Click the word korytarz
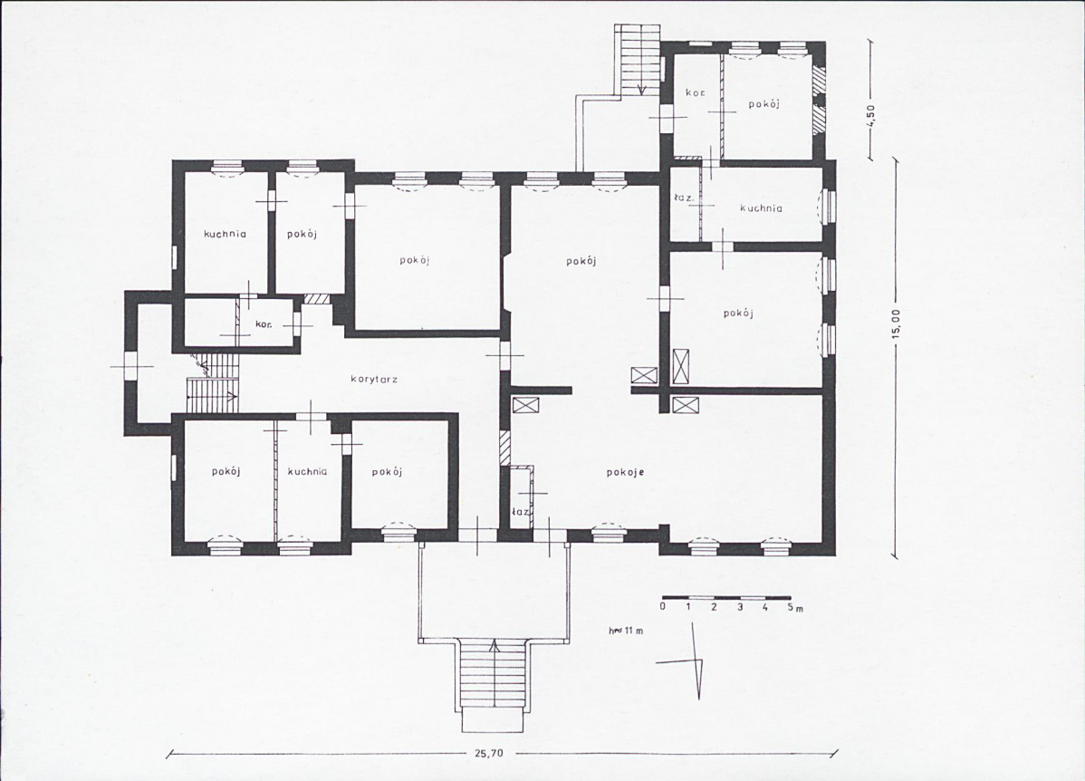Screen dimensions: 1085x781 click(374, 380)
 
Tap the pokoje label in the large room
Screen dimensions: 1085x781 click(626, 472)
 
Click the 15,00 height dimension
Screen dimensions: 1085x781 click(896, 323)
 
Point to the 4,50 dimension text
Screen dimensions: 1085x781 click(872, 113)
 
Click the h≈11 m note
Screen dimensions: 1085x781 click(626, 632)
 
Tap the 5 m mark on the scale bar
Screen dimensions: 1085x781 click(793, 607)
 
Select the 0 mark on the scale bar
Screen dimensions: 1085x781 click(663, 606)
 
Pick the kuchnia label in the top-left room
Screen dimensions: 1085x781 click(225, 234)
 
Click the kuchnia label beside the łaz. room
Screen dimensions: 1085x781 click(761, 207)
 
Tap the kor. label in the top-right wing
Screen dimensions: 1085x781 click(696, 92)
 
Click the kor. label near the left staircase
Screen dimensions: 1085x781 click(263, 323)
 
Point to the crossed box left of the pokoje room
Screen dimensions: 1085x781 click(524, 406)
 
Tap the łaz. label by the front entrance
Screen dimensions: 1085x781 click(520, 512)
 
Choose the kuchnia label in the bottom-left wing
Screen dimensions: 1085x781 click(307, 471)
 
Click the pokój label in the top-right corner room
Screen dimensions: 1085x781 click(763, 104)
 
